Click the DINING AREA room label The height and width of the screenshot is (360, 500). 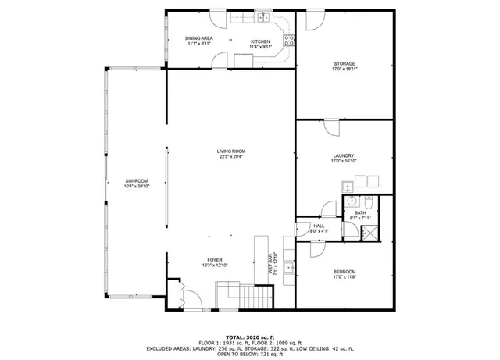199,38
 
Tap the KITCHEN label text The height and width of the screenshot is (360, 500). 260,41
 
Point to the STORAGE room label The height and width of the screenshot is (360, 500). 345,63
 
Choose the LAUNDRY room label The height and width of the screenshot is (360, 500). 344,155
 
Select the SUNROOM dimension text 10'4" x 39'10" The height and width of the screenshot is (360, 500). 137,186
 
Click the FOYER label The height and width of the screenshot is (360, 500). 215,262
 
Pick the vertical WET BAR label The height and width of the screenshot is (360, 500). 270,266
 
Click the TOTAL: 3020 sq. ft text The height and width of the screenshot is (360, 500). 250,335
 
